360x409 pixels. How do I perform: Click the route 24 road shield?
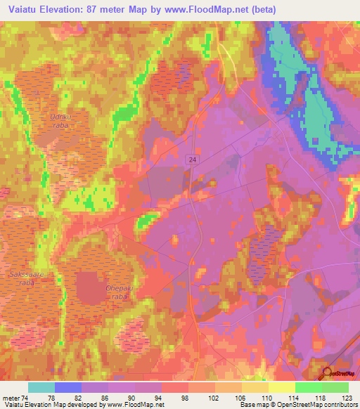[x=192, y=160]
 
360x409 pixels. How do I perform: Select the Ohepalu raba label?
[x=118, y=292]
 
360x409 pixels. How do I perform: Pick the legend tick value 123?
[x=347, y=398]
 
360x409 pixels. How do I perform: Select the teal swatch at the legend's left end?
[x=41, y=387]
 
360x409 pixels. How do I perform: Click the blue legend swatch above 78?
[x=68, y=387]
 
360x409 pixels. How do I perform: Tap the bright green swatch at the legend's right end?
[x=335, y=387]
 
